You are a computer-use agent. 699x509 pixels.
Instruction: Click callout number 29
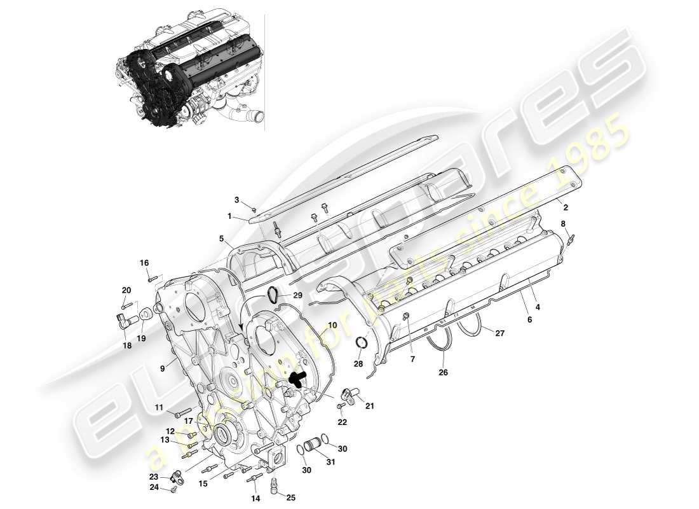[298, 296]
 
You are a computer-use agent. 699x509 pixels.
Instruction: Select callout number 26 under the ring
[443, 372]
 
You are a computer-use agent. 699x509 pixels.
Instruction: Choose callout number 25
[290, 498]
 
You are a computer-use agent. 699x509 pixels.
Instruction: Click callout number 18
[128, 345]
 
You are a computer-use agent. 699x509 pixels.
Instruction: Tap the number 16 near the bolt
[144, 263]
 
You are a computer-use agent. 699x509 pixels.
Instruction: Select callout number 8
[563, 223]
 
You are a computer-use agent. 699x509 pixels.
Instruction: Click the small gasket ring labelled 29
[272, 294]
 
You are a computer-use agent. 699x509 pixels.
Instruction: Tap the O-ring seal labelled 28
[361, 344]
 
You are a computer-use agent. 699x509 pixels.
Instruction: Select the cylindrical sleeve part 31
[312, 444]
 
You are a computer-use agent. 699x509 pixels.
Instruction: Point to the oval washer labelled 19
[146, 313]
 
